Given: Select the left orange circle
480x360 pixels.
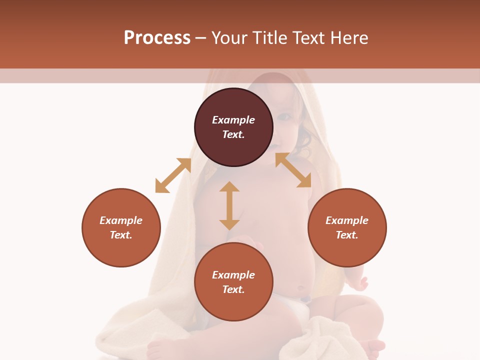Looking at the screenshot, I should pyautogui.click(x=121, y=227).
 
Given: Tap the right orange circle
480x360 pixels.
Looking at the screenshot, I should pyautogui.click(x=347, y=227).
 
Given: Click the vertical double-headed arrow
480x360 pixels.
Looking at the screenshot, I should pyautogui.click(x=229, y=205).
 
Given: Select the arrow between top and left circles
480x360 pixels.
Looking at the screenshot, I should pyautogui.click(x=173, y=175).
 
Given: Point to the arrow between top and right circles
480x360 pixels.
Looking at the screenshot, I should pyautogui.click(x=293, y=170).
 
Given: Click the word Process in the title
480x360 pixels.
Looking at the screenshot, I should pyautogui.click(x=157, y=37).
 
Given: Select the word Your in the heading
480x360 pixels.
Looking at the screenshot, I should pyautogui.click(x=229, y=37).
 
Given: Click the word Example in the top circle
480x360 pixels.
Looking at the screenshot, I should pyautogui.click(x=233, y=120).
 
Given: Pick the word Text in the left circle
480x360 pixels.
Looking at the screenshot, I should pyautogui.click(x=121, y=235).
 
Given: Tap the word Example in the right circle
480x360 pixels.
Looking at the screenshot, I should pyautogui.click(x=347, y=220).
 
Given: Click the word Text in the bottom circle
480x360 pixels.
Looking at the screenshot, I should pyautogui.click(x=233, y=289).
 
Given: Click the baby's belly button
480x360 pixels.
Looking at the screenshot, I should pyautogui.click(x=301, y=288).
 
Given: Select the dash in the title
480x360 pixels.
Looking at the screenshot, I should pyautogui.click(x=201, y=38).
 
